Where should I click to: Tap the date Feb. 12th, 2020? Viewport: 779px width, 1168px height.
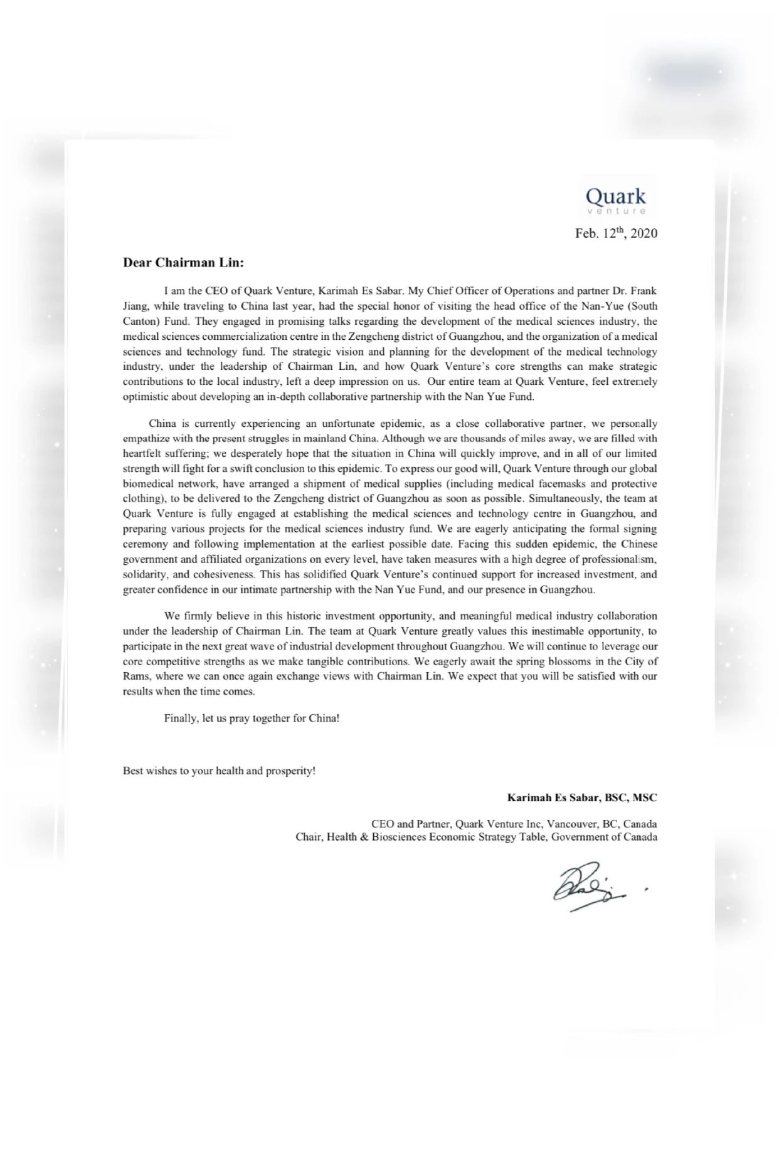(616, 233)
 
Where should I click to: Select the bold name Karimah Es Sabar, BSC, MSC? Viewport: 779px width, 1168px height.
(582, 798)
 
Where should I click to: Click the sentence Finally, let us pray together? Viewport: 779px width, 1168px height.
(252, 718)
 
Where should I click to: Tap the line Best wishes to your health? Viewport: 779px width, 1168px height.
(219, 771)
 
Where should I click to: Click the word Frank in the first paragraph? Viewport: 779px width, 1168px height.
(644, 291)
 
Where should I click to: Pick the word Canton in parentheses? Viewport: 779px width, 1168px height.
(137, 322)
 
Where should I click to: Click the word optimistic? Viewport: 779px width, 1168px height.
(146, 397)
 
